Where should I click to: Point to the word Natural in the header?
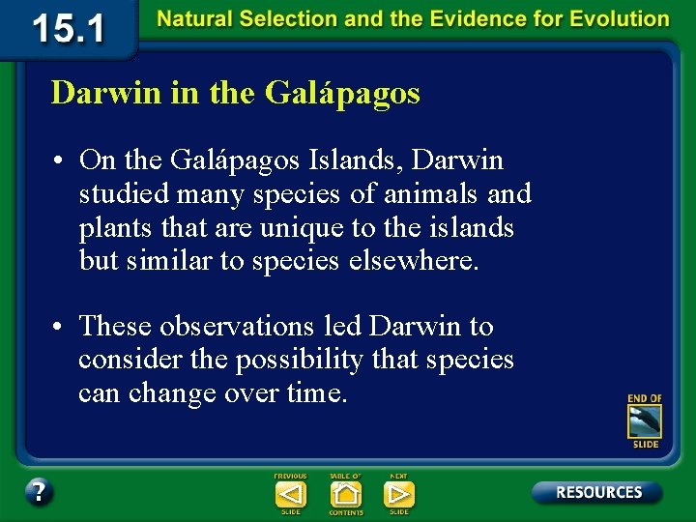point(193,19)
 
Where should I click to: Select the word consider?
point(122,360)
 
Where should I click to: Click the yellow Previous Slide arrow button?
point(290,494)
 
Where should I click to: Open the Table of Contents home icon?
point(345,494)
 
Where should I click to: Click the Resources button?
point(597,492)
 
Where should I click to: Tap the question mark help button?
point(39,492)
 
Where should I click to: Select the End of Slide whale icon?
point(645,421)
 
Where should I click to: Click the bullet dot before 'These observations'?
point(60,327)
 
